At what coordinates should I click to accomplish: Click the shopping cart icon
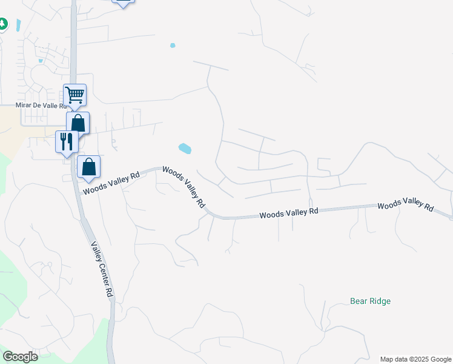coord(75,95)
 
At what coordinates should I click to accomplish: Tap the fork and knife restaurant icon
coord(67,141)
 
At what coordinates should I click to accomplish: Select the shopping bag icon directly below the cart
coord(78,123)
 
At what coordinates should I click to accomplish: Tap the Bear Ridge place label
coord(370,301)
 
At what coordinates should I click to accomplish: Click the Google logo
coord(20,357)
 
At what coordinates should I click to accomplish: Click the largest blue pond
coord(185,148)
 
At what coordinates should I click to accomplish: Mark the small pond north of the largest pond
coord(173,45)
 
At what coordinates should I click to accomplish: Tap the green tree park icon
coord(2,24)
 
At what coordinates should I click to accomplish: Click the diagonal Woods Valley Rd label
coord(183,188)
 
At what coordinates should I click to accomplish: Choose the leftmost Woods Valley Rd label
coord(111,181)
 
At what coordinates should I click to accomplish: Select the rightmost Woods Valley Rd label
coord(406,206)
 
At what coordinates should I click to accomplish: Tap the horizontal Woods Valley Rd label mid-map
coord(289,214)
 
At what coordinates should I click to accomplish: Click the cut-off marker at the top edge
coord(123,2)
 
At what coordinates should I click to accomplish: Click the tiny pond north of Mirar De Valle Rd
coord(41,61)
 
